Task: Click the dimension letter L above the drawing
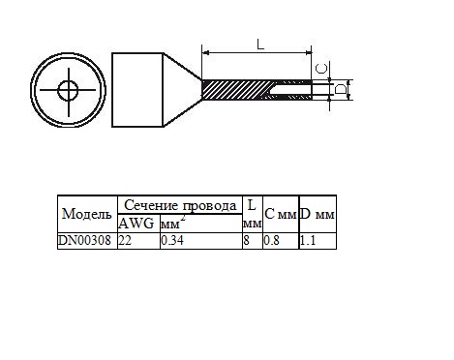(260, 45)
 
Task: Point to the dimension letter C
(321, 69)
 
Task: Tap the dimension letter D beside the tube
(341, 89)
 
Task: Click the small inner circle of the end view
(68, 90)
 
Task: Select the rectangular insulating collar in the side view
(137, 90)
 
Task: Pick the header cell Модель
(87, 214)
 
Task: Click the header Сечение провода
(180, 205)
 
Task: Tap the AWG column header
(136, 224)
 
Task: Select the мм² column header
(173, 223)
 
